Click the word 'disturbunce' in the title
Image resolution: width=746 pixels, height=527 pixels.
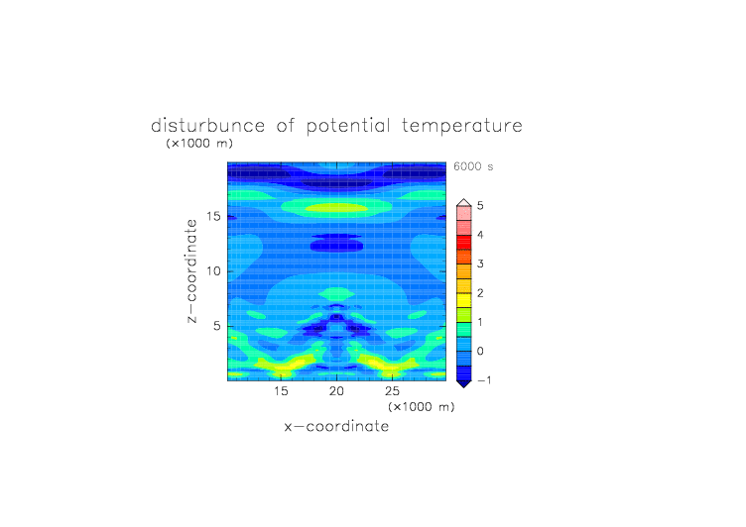208,126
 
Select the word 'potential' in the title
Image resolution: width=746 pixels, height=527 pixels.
348,127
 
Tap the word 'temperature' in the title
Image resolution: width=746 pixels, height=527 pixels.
462,127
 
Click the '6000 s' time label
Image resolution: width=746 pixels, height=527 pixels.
473,166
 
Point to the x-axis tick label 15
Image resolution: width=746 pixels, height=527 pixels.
281,391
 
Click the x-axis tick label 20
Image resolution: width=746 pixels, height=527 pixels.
336,391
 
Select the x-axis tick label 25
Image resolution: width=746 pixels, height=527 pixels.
392,391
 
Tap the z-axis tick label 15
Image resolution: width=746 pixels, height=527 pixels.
213,217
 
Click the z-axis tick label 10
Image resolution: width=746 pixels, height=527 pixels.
213,271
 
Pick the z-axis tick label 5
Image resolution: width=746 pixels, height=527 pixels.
217,326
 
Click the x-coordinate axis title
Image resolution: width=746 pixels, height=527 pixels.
336,426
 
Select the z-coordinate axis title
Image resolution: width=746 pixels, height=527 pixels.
191,271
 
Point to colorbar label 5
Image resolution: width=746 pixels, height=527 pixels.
480,206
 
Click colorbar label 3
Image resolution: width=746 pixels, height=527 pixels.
480,263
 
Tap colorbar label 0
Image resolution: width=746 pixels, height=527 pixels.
480,352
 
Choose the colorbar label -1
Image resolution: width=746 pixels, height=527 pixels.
484,380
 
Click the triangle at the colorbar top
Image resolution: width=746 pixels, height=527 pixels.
464,202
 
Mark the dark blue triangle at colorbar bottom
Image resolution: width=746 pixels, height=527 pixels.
464,384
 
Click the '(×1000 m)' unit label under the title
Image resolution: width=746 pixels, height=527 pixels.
199,143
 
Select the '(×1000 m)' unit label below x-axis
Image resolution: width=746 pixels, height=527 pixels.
421,407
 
